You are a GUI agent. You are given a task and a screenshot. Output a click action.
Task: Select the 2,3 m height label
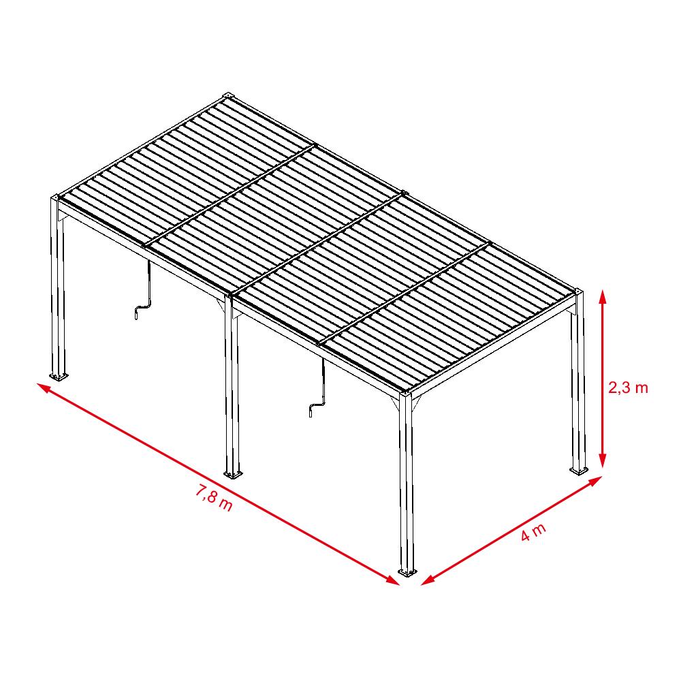coord(628,387)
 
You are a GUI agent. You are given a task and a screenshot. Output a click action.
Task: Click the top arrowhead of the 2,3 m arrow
coord(602,298)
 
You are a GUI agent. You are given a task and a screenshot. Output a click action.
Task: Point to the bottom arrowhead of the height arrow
coord(602,460)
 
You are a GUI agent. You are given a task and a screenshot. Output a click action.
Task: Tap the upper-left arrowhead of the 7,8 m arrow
coord(45,388)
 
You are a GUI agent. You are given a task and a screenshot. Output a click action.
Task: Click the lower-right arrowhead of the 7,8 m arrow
coord(392,581)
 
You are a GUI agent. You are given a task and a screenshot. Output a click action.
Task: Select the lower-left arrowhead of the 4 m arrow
coord(428,580)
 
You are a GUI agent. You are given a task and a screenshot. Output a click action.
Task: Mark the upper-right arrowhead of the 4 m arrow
coord(595,481)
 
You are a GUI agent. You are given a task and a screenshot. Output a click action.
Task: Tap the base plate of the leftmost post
coord(58,376)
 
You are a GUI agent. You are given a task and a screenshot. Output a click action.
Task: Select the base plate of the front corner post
coord(407,571)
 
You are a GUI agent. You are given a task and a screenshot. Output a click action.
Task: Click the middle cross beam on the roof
coord(319,244)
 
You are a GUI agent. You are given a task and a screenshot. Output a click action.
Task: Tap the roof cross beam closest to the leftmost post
coord(231,195)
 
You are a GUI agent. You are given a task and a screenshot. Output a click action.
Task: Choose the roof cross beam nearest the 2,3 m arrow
coord(405,294)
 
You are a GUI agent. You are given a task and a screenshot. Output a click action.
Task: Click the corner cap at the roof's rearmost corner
coord(228,95)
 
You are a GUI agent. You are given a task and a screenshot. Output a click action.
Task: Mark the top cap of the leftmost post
coord(56,197)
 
